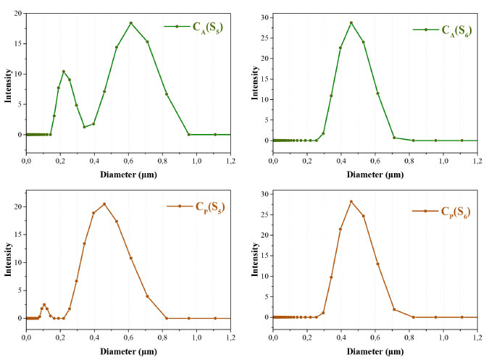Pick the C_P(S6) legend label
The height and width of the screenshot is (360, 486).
(455, 212)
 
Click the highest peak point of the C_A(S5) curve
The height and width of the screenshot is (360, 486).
(131, 23)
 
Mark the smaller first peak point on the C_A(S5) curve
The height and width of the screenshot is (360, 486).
(64, 71)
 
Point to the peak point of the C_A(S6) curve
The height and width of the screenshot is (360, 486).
(351, 22)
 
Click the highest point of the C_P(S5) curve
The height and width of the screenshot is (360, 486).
(104, 204)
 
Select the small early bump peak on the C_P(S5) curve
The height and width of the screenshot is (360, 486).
(43, 304)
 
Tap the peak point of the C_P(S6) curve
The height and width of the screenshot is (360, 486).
(351, 201)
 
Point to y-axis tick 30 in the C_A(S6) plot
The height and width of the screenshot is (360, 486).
(264, 17)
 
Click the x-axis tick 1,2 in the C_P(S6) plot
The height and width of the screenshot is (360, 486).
(477, 338)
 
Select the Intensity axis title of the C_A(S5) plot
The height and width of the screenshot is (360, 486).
(7, 85)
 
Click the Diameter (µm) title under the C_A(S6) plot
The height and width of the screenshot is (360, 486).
(374, 175)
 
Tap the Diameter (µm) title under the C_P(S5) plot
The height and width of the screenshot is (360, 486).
(128, 351)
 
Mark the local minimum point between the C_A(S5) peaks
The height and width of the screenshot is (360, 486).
(84, 127)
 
